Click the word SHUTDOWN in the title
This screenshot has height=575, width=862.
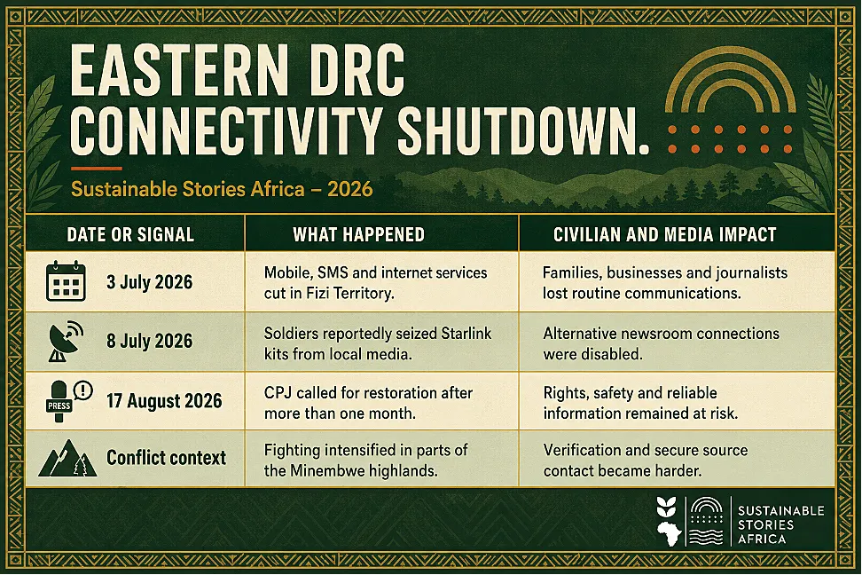[523, 130]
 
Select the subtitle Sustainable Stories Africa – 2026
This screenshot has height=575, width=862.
[222, 189]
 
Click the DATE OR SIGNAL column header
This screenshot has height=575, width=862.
[130, 234]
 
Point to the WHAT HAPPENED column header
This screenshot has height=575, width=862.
[358, 234]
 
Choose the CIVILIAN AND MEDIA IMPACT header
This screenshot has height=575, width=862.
[664, 234]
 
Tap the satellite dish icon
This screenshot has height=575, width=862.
[66, 341]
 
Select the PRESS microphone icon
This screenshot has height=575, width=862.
[67, 400]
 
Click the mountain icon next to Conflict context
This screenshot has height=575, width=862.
[67, 458]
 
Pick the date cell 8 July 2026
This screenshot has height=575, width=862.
[150, 341]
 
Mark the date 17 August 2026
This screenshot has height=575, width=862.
[164, 400]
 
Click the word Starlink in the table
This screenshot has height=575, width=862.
[466, 334]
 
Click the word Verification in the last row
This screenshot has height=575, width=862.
[582, 450]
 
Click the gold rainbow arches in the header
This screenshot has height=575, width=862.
[731, 83]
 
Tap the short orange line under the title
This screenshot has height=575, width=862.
[96, 169]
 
